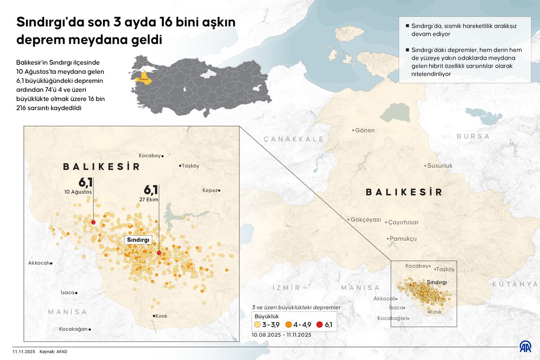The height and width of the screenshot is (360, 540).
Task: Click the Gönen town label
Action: click(364, 130)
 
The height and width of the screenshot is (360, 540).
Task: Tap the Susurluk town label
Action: click(439, 166)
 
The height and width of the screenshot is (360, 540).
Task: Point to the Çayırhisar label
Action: click(403, 222)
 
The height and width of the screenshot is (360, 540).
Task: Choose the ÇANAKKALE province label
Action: click(294, 139)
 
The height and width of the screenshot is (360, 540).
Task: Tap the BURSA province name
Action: click(473, 136)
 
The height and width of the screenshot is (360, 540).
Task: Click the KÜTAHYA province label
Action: click(515, 284)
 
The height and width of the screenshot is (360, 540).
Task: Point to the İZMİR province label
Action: click(286, 288)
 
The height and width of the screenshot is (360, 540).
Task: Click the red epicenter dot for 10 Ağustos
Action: click(93, 222)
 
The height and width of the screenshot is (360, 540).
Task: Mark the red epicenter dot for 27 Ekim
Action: click(159, 253)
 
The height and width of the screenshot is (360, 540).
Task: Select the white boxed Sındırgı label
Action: click(138, 240)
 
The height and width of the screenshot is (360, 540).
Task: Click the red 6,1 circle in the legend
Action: click(319, 324)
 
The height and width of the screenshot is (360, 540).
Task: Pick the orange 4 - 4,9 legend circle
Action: click(288, 324)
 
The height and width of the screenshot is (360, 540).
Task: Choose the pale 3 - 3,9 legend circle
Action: click(257, 324)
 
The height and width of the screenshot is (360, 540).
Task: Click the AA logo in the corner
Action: click(525, 346)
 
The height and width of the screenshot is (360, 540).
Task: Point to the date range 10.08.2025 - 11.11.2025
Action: click(281, 335)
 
